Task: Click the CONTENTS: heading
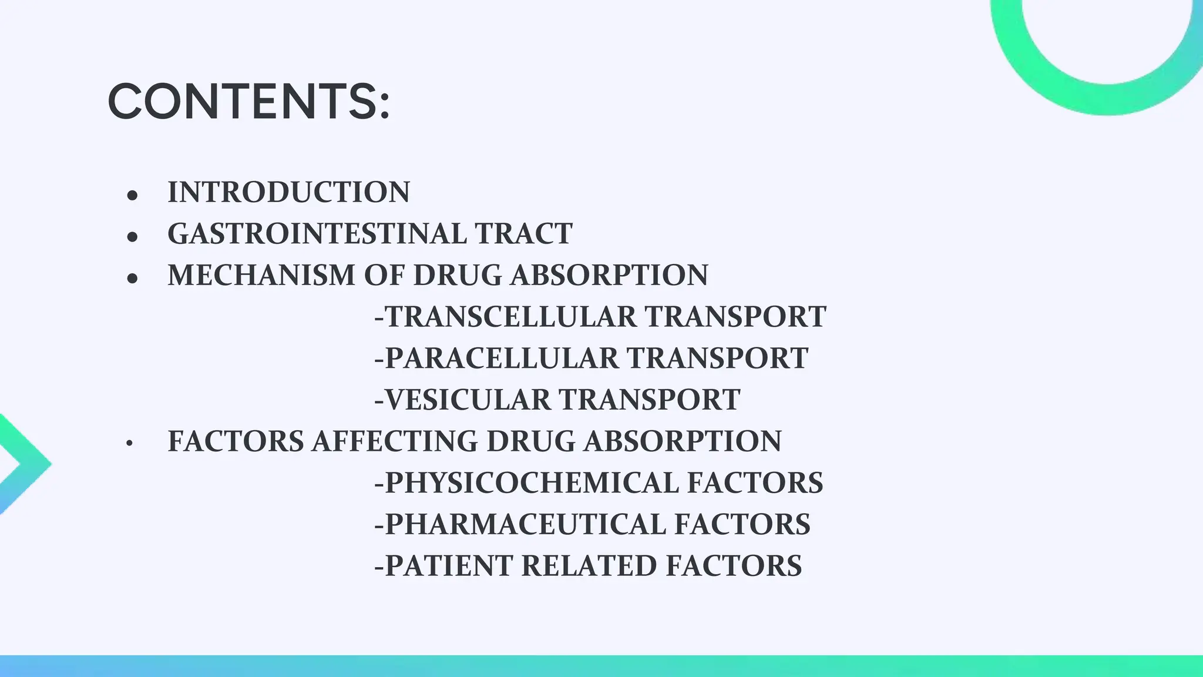coord(248,102)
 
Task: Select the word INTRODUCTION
coord(288,192)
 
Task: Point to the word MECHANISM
coord(261,275)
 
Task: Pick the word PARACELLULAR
coord(501,358)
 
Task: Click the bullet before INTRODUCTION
coord(132,195)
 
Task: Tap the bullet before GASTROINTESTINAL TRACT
coord(132,236)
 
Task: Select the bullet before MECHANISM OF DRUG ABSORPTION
coord(132,277)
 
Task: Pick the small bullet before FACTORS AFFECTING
coord(129,444)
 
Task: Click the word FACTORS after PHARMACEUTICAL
coord(742,524)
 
